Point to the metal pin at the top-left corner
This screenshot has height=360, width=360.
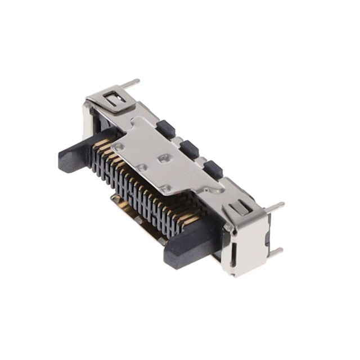coord(130,83)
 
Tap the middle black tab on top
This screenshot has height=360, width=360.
coord(189,148)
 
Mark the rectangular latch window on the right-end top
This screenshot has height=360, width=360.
coord(239,208)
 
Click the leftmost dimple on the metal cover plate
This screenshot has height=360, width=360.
coord(119,145)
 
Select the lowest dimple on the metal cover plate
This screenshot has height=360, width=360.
coord(165,187)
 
